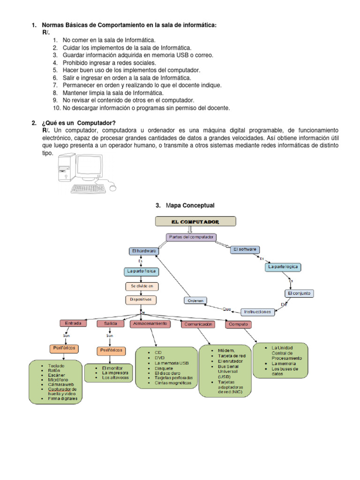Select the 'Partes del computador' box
point(191,237)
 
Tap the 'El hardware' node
point(142,251)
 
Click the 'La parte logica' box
point(283,267)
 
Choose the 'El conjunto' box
point(299,293)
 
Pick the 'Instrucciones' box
point(257,312)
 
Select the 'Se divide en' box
point(142,286)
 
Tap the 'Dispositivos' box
point(141,299)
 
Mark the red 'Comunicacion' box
point(199,324)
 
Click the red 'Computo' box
point(238,324)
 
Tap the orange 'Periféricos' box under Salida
point(111,350)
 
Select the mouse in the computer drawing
point(113,187)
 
